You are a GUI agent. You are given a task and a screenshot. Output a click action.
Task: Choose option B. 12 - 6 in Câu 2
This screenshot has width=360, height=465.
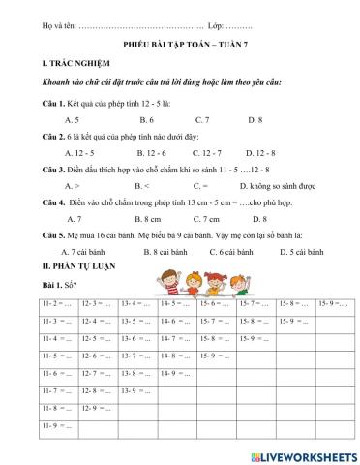pos(152,153)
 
